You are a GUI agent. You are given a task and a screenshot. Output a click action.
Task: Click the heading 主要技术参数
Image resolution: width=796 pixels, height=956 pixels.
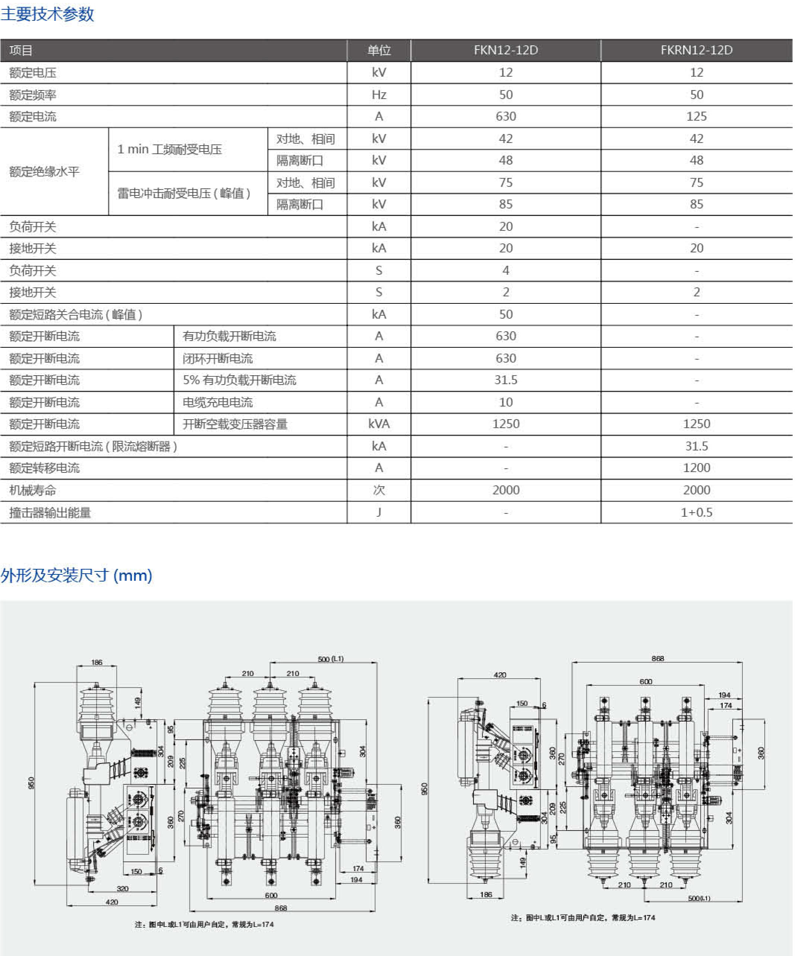click(47, 14)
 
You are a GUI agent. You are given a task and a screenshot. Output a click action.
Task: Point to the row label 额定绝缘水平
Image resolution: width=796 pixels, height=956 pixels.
click(44, 172)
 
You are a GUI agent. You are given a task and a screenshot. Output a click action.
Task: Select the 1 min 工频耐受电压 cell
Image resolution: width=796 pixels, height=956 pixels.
click(169, 149)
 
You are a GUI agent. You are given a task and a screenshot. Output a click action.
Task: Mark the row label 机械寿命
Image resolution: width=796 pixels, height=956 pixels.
click(32, 490)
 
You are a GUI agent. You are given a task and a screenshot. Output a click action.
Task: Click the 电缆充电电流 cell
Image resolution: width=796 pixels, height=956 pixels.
click(218, 402)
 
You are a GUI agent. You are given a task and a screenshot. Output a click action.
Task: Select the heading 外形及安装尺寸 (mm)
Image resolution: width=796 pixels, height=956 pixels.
click(76, 576)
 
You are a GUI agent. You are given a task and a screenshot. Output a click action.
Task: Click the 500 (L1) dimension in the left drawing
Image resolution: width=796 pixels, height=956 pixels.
click(331, 659)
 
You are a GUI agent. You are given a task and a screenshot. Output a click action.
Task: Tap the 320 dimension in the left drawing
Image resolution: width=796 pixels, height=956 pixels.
click(122, 888)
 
